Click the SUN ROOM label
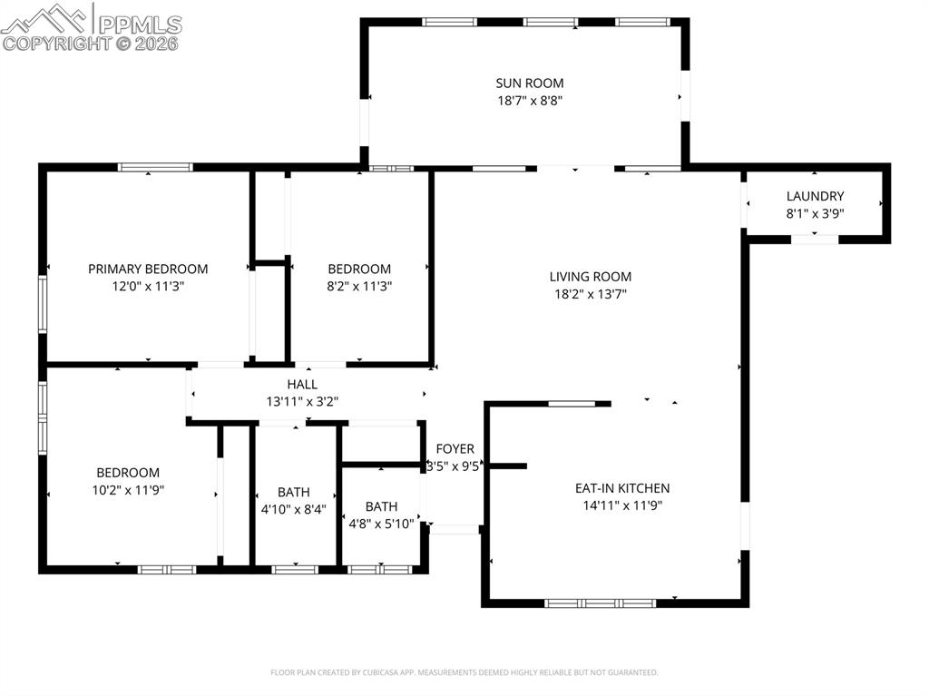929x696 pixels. pyautogui.click(x=523, y=83)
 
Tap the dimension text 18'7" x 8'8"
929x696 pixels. pyautogui.click(x=523, y=102)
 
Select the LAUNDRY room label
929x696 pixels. pyautogui.click(x=815, y=196)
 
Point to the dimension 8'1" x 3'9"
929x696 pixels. pyautogui.click(x=815, y=213)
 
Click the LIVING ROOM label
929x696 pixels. pyautogui.click(x=590, y=277)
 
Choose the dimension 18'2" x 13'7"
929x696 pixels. pyautogui.click(x=590, y=294)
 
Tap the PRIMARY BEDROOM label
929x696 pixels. pyautogui.click(x=148, y=269)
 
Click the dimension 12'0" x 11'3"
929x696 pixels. pyautogui.click(x=148, y=286)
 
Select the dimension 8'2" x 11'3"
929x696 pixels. pyautogui.click(x=359, y=286)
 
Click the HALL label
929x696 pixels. pyautogui.click(x=302, y=384)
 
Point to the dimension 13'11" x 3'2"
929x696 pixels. pyautogui.click(x=302, y=401)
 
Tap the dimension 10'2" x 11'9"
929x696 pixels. pyautogui.click(x=128, y=490)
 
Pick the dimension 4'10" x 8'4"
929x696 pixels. pyautogui.click(x=293, y=510)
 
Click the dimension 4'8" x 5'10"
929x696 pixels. pyautogui.click(x=381, y=524)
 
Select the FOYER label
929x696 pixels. pyautogui.click(x=455, y=449)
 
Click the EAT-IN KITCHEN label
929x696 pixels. pyautogui.click(x=622, y=488)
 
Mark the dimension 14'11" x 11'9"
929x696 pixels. pyautogui.click(x=622, y=505)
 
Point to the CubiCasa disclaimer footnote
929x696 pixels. pyautogui.click(x=464, y=672)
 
